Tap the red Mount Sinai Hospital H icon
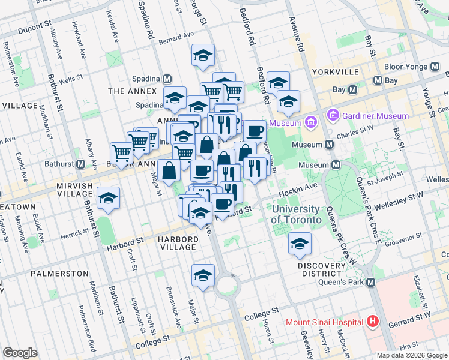[373, 322]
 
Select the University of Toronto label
[295, 214]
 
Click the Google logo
[20, 353]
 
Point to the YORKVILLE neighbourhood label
[336, 72]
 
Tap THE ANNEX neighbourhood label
[132, 91]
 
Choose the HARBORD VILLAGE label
[177, 243]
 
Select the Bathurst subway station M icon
[80, 164]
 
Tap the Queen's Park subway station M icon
[370, 283]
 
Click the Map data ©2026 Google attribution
[411, 355]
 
